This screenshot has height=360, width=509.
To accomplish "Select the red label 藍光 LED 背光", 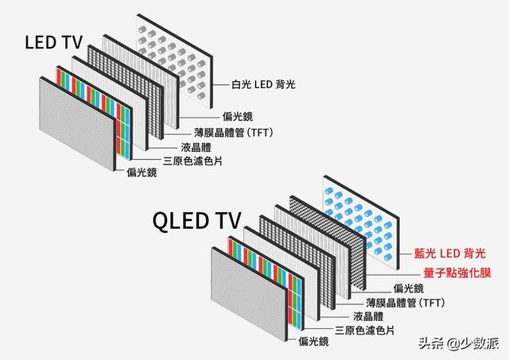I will pyautogui.click(x=449, y=253).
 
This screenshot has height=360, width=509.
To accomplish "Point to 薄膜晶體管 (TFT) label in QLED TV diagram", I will pyautogui.click(x=406, y=303).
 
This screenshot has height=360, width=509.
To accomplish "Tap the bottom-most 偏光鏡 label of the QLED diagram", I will pyautogui.click(x=314, y=342).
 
